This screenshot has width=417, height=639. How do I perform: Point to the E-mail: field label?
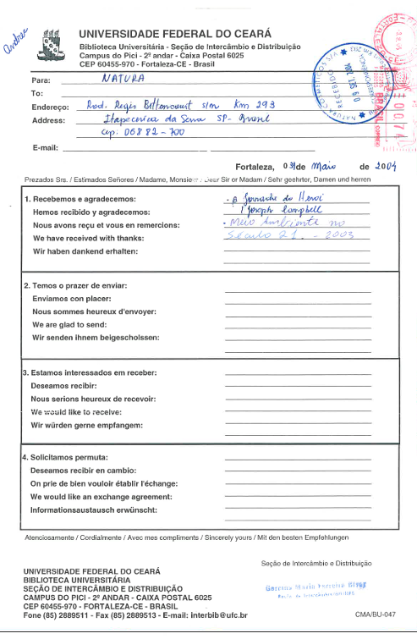pyautogui.click(x=46, y=147)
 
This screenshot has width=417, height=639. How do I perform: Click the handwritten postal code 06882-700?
pyautogui.click(x=134, y=134)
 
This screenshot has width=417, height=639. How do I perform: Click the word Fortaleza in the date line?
pyautogui.click(x=258, y=168)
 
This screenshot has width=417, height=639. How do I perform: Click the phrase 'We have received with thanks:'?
pyautogui.click(x=91, y=239)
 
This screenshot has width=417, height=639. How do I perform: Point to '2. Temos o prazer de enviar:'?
pyautogui.click(x=85, y=285)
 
